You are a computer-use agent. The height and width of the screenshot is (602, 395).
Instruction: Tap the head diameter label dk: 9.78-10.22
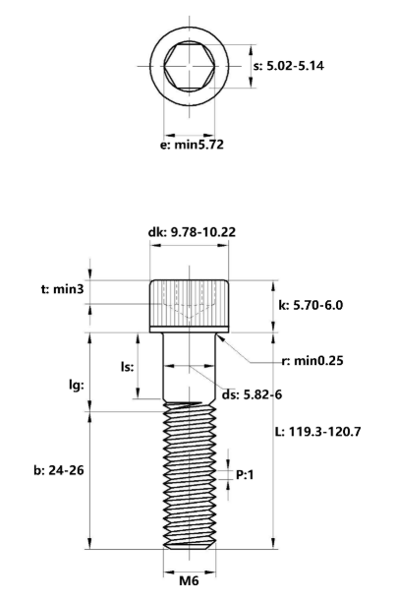point(192,233)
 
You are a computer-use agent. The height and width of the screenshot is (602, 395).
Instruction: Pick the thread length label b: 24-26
point(51,469)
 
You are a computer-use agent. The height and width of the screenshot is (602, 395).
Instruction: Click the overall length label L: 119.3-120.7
point(330,431)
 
